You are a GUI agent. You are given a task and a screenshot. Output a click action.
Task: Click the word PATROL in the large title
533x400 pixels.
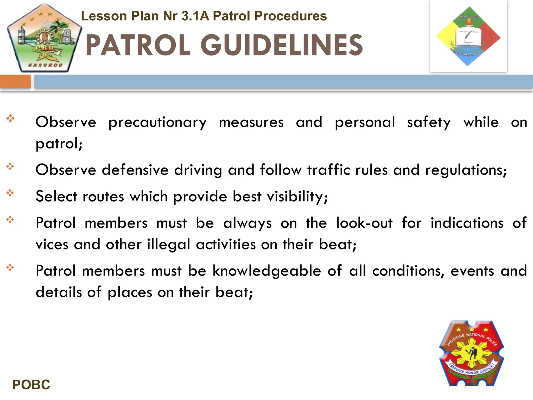click(138, 45)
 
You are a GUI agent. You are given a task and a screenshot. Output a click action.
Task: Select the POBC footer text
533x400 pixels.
click(31, 385)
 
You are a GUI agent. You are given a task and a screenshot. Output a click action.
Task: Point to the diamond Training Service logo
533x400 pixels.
click(468, 36)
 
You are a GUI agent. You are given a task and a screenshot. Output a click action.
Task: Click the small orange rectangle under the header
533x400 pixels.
click(15, 81)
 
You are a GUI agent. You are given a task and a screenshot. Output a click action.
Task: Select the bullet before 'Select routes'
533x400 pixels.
click(10, 193)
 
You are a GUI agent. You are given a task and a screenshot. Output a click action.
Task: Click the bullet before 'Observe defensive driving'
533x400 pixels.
click(10, 166)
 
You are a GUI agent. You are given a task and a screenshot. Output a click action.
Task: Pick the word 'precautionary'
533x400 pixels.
click(157, 122)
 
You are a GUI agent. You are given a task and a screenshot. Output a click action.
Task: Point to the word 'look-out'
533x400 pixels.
click(364, 223)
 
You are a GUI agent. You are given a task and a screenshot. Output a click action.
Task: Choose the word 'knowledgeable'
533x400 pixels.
click(267, 271)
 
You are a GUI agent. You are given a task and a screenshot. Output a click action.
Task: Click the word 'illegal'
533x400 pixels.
click(169, 245)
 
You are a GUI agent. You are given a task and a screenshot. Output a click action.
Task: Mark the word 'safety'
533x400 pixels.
click(429, 122)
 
